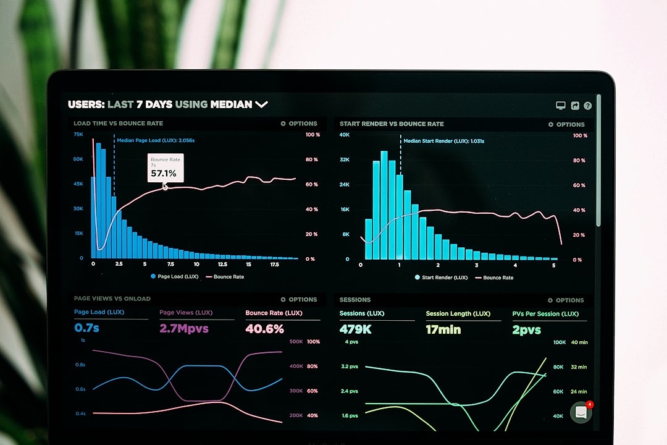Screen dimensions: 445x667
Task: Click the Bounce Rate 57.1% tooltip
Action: point(165,167)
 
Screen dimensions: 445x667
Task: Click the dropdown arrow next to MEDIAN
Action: point(261,104)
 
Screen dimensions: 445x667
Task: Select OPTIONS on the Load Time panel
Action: point(299,124)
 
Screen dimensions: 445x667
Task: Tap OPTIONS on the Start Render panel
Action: point(566,124)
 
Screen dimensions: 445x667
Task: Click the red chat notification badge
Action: point(590,405)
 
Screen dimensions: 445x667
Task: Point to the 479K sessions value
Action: point(356,329)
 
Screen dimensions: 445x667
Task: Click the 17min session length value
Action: point(443,329)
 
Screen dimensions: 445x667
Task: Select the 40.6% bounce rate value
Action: point(264,329)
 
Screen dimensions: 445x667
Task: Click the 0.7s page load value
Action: point(87,328)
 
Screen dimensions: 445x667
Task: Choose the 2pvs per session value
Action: point(526,329)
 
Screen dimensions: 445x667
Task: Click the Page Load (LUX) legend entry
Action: point(174,276)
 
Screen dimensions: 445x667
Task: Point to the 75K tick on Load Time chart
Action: point(78,134)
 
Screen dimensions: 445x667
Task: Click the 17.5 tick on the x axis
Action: point(274,264)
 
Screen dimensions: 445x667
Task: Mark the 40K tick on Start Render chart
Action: point(345,135)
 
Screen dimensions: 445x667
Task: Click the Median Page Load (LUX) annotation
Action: point(156,140)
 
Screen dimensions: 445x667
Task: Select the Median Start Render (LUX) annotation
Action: point(443,141)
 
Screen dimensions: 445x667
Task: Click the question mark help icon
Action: point(587,106)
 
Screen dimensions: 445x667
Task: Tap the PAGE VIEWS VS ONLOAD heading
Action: point(112,299)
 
